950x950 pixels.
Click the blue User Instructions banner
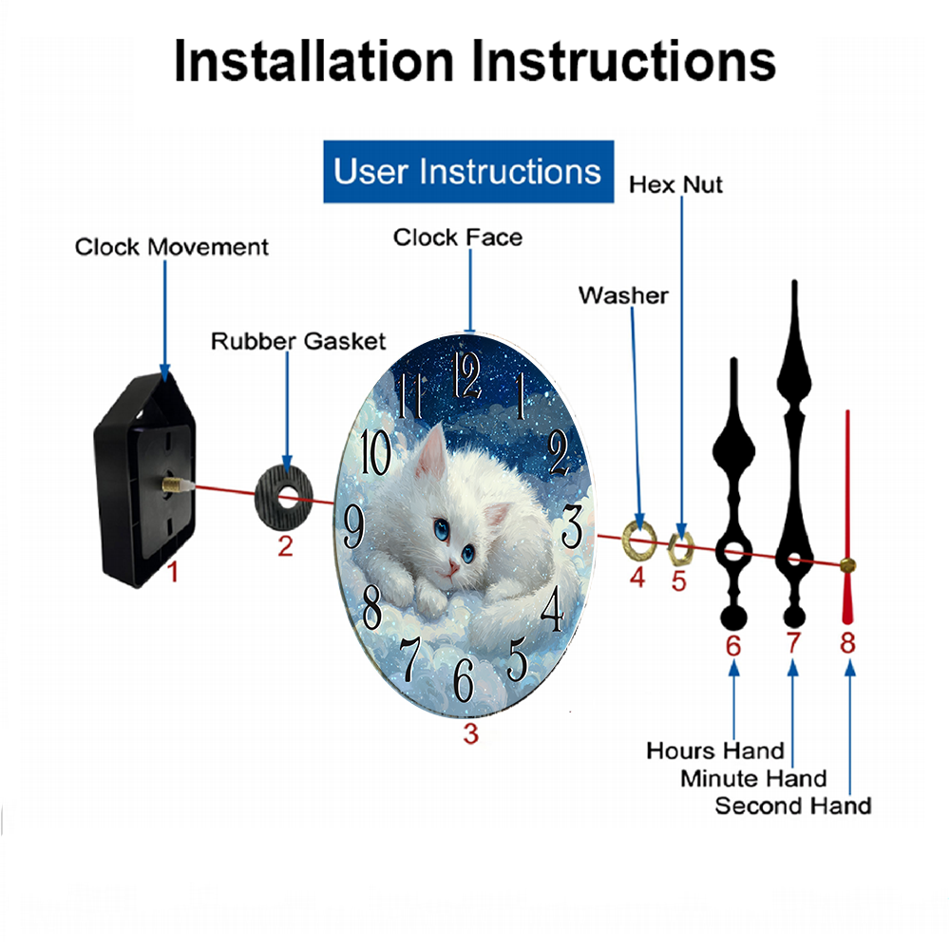(x=467, y=172)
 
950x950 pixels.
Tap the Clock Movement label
(x=172, y=247)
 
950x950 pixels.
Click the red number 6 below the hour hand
(x=732, y=645)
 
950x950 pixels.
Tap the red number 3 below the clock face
(x=470, y=732)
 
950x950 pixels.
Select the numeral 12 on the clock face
(x=467, y=374)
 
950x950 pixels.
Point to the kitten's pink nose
(x=455, y=567)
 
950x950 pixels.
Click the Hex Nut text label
(x=675, y=184)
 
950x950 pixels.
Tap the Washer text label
(x=623, y=295)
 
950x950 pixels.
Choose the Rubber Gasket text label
(x=298, y=340)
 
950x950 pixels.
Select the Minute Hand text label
(x=753, y=779)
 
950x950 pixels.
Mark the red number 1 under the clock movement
(x=172, y=572)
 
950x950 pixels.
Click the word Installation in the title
(x=313, y=62)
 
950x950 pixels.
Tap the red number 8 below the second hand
(x=847, y=643)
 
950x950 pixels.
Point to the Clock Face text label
(x=458, y=237)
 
